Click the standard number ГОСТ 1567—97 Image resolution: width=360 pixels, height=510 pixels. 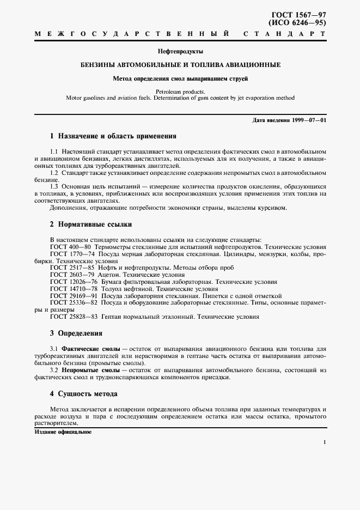tap(301, 15)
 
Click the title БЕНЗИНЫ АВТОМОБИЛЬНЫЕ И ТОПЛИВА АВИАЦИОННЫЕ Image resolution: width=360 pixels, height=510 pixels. tap(180, 65)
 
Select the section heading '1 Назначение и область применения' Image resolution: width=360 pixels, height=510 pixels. tap(113, 136)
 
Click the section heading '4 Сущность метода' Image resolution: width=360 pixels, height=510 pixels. tap(83, 393)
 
